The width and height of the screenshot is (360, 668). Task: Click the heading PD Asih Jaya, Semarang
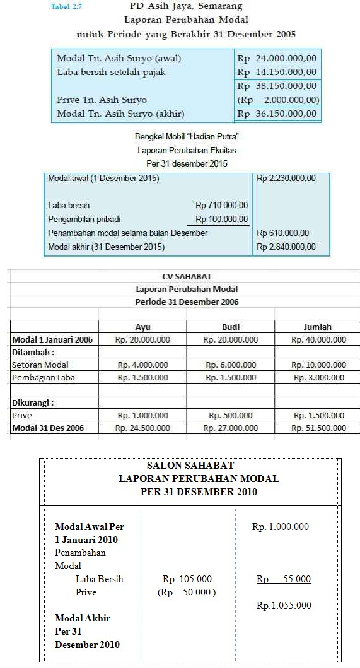click(185, 8)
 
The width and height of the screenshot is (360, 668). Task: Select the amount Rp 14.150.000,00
click(277, 72)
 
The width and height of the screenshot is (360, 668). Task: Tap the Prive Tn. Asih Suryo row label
click(102, 100)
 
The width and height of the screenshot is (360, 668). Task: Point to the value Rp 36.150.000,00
click(277, 114)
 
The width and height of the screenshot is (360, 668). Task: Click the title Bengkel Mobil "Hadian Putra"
click(187, 136)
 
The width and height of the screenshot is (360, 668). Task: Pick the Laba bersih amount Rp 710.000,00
click(221, 205)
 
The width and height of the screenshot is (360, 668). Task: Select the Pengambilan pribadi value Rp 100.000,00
click(221, 220)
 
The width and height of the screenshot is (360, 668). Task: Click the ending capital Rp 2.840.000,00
click(286, 247)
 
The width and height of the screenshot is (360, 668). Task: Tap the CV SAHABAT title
click(187, 276)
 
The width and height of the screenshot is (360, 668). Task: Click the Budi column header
click(231, 327)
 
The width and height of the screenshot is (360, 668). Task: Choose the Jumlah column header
click(318, 327)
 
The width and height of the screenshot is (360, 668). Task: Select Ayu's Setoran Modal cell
click(142, 365)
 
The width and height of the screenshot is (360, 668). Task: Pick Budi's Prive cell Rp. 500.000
click(231, 415)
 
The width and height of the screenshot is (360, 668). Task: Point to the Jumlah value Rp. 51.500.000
click(318, 428)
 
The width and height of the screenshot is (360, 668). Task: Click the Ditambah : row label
click(33, 352)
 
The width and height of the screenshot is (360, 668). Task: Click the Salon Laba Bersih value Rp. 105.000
click(187, 579)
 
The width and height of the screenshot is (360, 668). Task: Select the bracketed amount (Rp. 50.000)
click(187, 592)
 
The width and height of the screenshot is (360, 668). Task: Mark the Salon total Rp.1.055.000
click(284, 606)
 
